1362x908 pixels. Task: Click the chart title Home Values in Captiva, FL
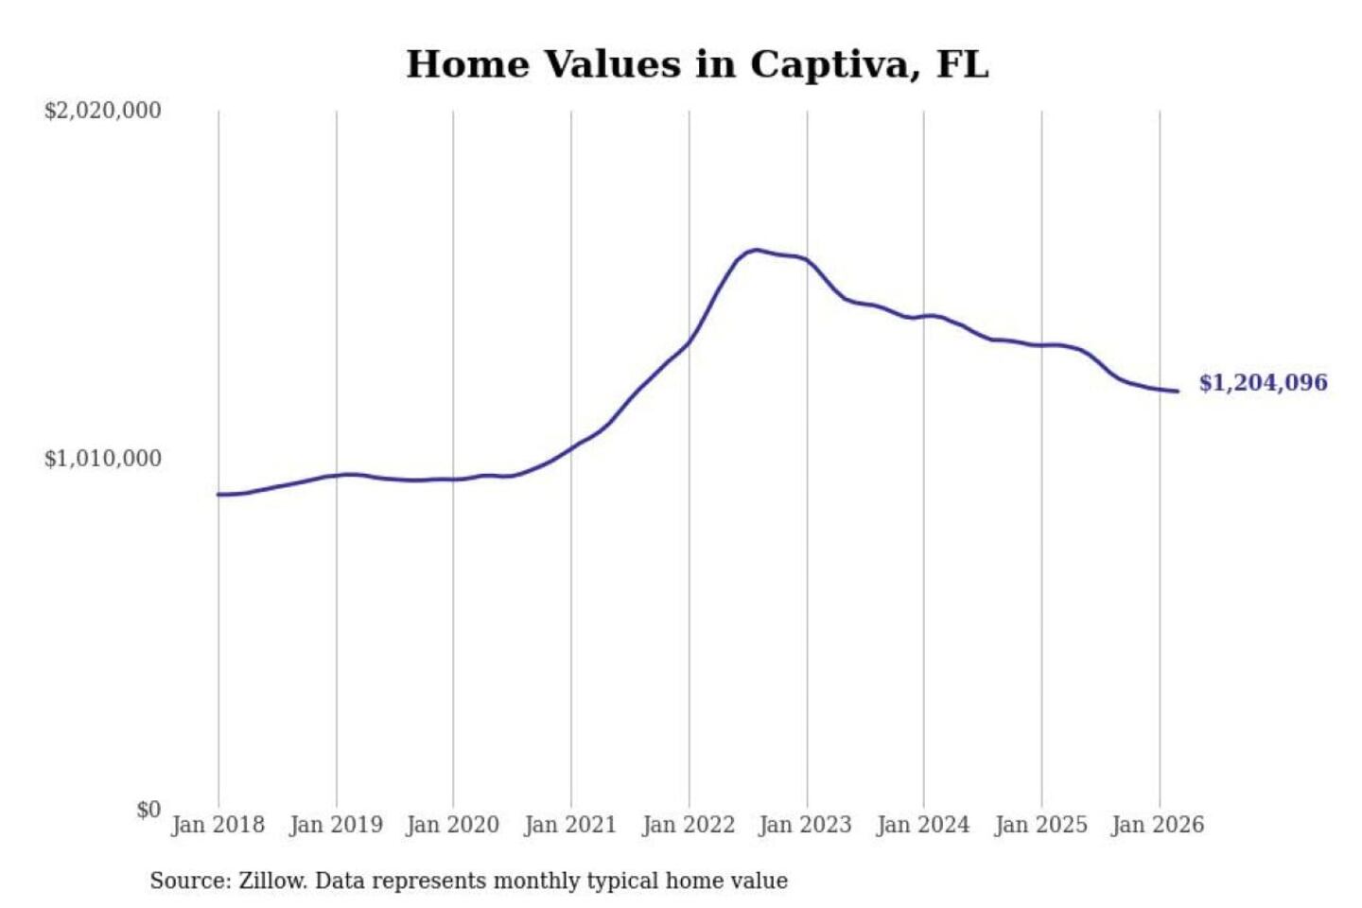coord(697,64)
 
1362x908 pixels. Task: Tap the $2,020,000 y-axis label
coord(102,111)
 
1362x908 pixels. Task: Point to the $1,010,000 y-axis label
coord(102,459)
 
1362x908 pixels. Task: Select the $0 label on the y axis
coord(148,810)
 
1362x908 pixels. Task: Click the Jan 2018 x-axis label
coord(218,825)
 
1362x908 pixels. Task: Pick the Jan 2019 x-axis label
coord(336,825)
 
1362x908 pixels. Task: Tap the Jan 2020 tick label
coord(453,825)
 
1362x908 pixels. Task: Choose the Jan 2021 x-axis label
coord(570,825)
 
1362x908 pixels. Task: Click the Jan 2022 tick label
coord(689,825)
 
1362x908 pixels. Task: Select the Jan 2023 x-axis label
coord(806,825)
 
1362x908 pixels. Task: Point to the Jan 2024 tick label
coord(923,825)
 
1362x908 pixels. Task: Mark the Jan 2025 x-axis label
coord(1041,825)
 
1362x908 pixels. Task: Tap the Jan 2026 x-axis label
coord(1159,825)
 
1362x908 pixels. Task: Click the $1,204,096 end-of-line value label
coord(1263,383)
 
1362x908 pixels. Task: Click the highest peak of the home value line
coord(755,250)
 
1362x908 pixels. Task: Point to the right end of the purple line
coord(1178,391)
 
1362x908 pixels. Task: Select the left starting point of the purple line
coord(218,494)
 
